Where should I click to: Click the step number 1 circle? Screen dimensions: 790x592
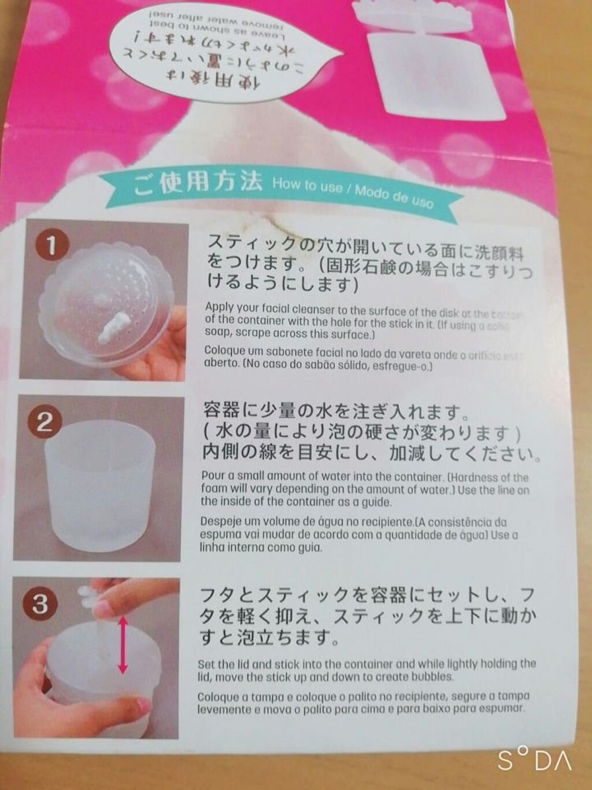pos(51,246)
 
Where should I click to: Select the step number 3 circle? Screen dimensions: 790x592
pos(40,604)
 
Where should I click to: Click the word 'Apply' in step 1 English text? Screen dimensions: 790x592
pos(217,307)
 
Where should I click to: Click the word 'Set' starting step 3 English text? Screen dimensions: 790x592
pos(206,664)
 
